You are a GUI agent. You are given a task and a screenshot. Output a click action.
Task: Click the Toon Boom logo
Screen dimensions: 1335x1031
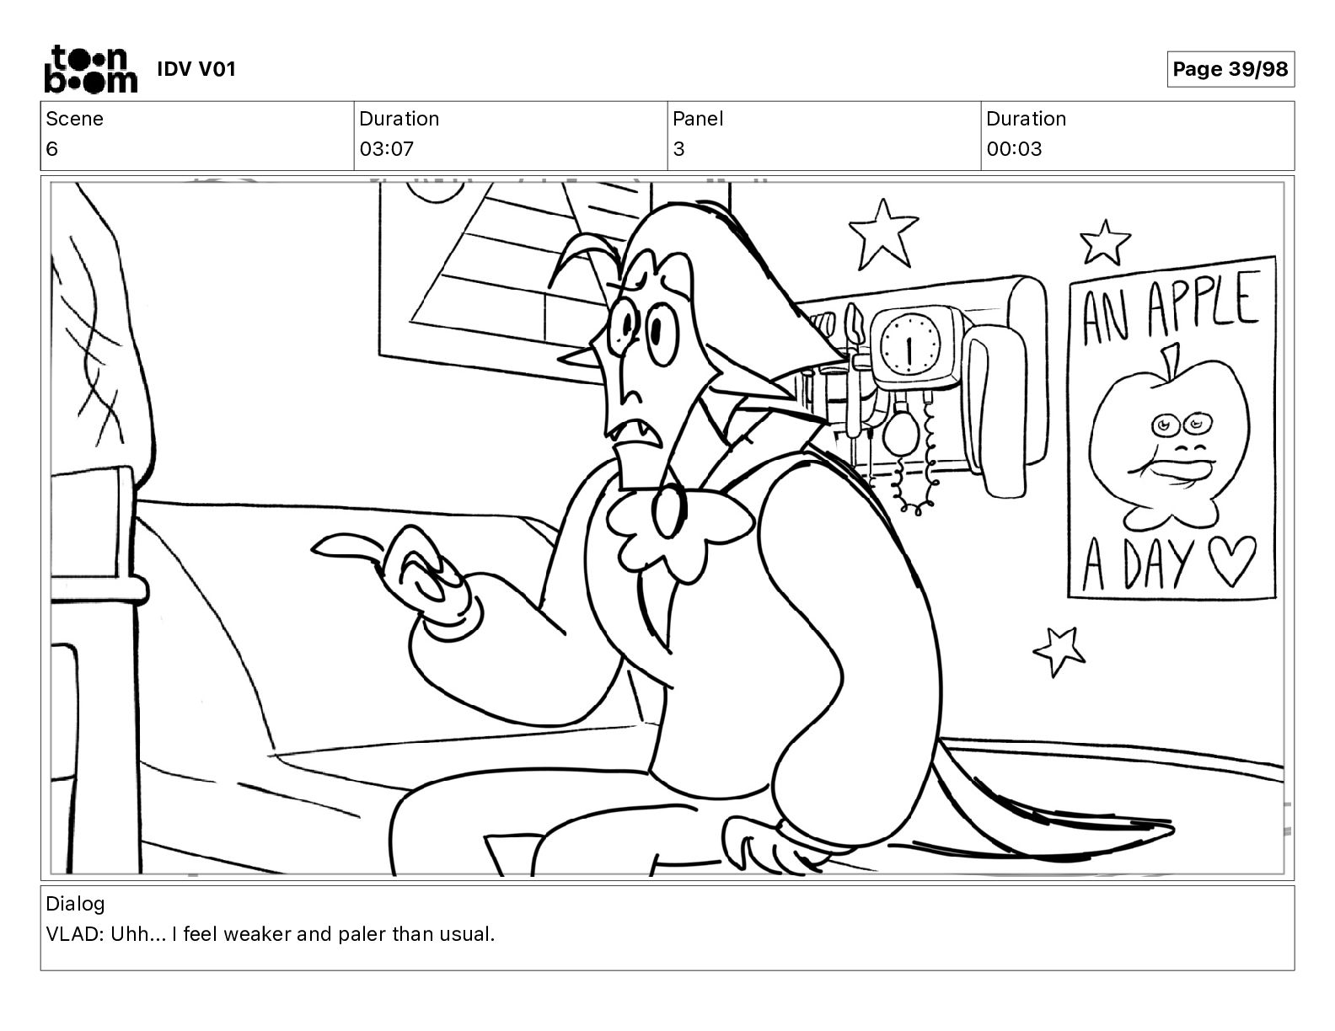(x=91, y=69)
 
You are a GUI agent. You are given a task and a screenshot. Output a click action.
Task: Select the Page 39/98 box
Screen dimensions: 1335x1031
(x=1230, y=69)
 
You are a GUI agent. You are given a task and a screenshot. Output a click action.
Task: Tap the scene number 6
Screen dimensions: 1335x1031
(x=51, y=149)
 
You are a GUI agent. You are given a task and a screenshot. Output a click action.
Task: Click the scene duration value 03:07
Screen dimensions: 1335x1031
(x=387, y=149)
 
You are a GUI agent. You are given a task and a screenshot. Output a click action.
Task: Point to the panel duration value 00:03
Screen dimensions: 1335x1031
(x=1014, y=149)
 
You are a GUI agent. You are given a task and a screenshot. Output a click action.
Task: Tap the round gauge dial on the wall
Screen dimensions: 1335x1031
(x=910, y=345)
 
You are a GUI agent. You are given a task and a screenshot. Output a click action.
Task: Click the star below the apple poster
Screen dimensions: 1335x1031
(x=1059, y=650)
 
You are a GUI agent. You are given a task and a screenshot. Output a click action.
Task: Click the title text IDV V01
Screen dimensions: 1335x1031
(x=196, y=69)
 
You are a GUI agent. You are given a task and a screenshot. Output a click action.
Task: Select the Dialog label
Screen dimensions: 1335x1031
(x=75, y=904)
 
